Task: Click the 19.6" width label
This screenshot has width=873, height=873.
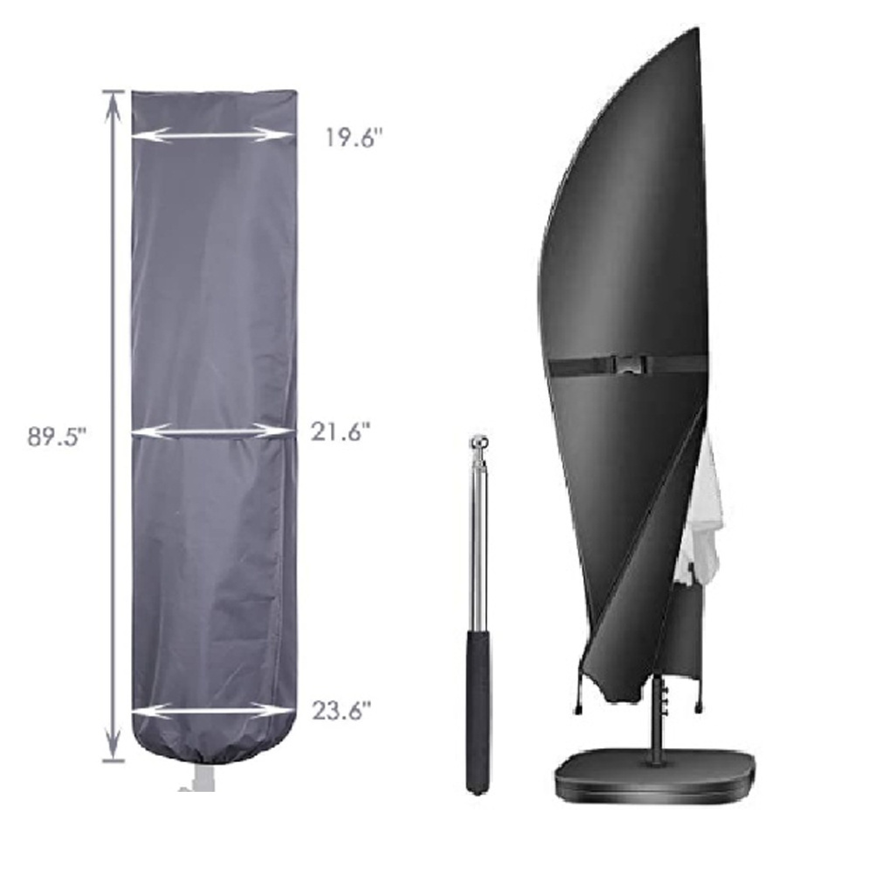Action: click(x=355, y=138)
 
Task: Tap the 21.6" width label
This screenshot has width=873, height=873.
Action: click(x=340, y=431)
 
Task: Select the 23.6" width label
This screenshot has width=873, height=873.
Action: click(x=340, y=711)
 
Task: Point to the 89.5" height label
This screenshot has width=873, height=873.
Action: click(x=57, y=437)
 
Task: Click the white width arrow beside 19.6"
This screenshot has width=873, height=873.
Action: click(x=212, y=134)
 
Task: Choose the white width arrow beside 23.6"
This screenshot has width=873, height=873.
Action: click(x=212, y=711)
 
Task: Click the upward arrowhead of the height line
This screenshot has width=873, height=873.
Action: click(x=113, y=106)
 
